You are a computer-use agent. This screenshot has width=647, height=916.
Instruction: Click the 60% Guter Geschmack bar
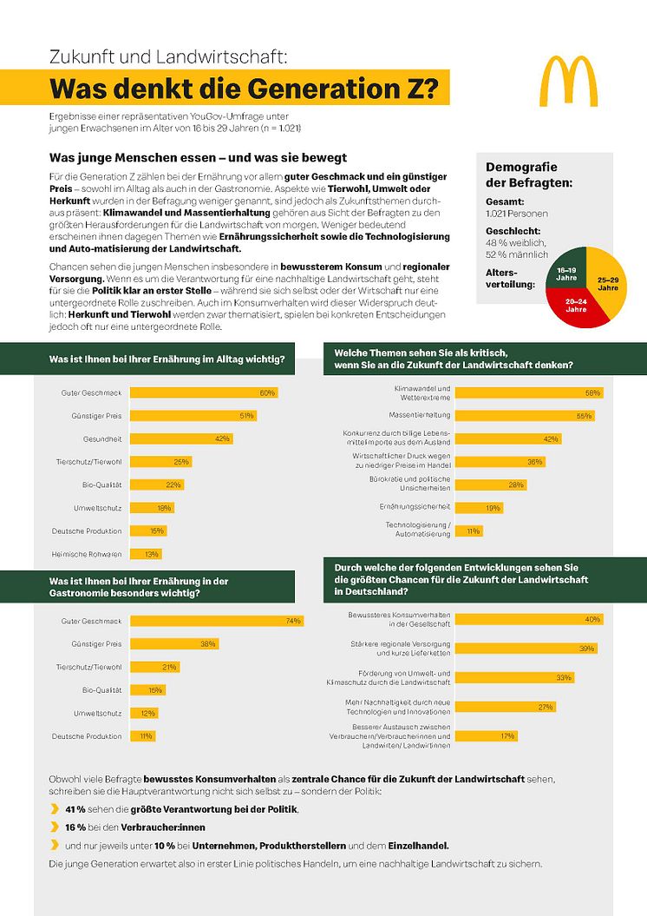[x=203, y=392]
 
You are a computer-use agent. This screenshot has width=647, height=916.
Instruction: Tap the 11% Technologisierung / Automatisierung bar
[x=468, y=530]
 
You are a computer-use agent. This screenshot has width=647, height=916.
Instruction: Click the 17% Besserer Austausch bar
[x=486, y=735]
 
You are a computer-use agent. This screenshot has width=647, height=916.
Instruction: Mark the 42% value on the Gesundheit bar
[x=223, y=438]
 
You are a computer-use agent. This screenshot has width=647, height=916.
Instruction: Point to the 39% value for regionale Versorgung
[x=587, y=649]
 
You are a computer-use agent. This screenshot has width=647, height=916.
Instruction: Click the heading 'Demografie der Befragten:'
[x=528, y=175]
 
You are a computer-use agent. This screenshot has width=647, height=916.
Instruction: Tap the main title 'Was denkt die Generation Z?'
[x=244, y=90]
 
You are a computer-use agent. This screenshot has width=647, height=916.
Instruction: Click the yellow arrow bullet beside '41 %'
[x=55, y=809]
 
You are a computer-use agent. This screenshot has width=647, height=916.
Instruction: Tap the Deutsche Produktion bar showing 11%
[x=142, y=736]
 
